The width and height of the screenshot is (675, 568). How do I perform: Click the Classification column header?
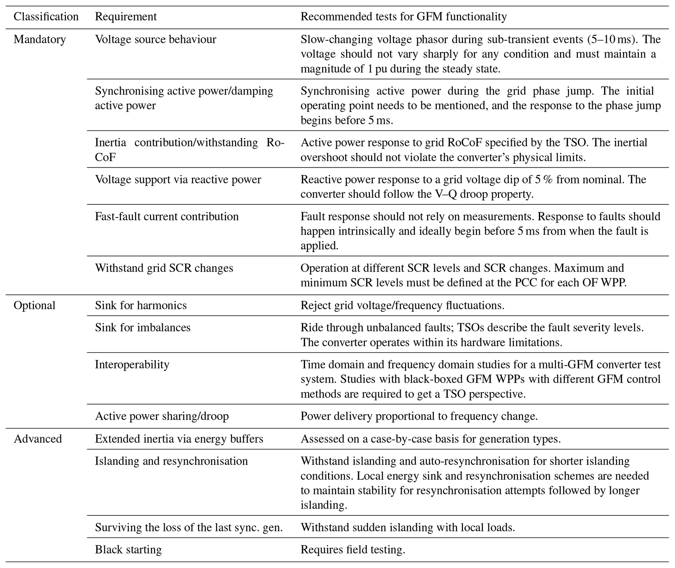(x=46, y=17)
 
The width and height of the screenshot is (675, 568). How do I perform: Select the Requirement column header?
(x=126, y=17)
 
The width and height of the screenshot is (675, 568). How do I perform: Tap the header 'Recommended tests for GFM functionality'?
(x=403, y=17)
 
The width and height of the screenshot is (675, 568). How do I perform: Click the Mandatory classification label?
(x=40, y=39)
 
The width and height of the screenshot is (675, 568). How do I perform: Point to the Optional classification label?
(x=34, y=306)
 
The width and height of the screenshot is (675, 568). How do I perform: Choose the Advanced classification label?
(x=38, y=439)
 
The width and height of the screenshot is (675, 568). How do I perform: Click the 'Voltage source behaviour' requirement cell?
(x=155, y=39)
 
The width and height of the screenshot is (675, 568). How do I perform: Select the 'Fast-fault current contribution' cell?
(x=167, y=216)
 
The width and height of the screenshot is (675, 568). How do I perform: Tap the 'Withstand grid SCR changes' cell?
(x=164, y=268)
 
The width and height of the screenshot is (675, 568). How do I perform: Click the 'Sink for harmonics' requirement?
(x=141, y=306)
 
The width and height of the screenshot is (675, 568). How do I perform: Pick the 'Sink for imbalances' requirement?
(x=142, y=327)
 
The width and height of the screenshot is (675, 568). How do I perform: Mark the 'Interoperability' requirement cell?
(x=132, y=364)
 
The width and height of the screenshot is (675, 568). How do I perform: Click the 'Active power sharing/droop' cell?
(x=162, y=416)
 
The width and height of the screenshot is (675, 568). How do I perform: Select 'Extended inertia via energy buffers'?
(x=179, y=439)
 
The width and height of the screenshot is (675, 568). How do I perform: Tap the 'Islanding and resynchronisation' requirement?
(x=171, y=461)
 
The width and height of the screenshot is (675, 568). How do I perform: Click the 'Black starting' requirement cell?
(x=128, y=550)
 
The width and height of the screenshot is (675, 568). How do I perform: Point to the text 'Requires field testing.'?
(x=353, y=550)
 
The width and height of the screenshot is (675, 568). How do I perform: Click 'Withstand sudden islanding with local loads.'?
(x=408, y=528)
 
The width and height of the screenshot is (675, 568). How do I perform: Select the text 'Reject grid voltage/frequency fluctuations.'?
(x=402, y=306)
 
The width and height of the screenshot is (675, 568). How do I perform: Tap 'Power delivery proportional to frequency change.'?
(x=419, y=416)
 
